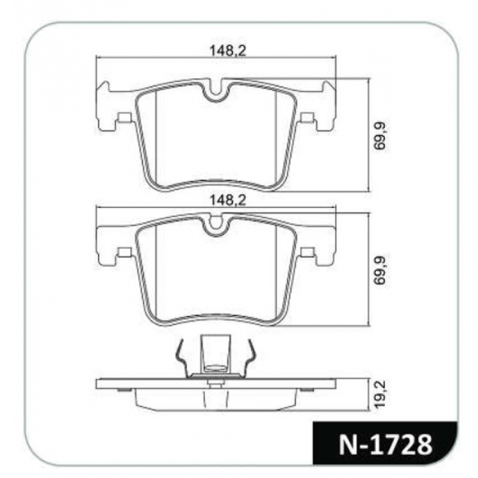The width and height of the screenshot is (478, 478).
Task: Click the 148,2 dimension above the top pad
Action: (x=228, y=52)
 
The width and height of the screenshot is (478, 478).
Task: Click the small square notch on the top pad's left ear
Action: (x=124, y=118)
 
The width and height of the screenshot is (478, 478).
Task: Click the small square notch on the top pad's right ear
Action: (x=307, y=118)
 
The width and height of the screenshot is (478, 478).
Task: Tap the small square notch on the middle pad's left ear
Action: (x=124, y=252)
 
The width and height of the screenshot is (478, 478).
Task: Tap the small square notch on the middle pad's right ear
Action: (x=307, y=252)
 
